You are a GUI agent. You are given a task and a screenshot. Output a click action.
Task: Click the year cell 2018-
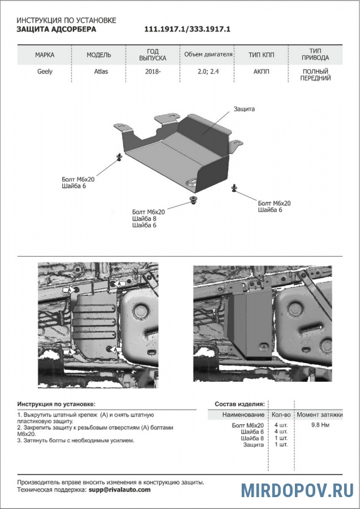click(153, 72)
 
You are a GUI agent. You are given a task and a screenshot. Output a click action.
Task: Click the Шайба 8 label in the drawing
click(144, 218)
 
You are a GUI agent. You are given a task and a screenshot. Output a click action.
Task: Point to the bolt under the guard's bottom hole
click(194, 200)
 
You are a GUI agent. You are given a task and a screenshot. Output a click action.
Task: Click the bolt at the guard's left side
click(119, 157)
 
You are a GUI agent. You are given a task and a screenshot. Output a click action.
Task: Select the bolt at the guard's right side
click(234, 187)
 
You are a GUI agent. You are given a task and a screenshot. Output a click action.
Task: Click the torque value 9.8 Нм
click(320, 424)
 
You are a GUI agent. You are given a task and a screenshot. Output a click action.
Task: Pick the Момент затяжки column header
click(320, 415)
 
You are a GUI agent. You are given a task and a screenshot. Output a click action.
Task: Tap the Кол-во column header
click(281, 415)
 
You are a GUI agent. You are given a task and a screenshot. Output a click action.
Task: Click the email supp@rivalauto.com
click(119, 490)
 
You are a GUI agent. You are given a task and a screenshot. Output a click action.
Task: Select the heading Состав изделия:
click(239, 404)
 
